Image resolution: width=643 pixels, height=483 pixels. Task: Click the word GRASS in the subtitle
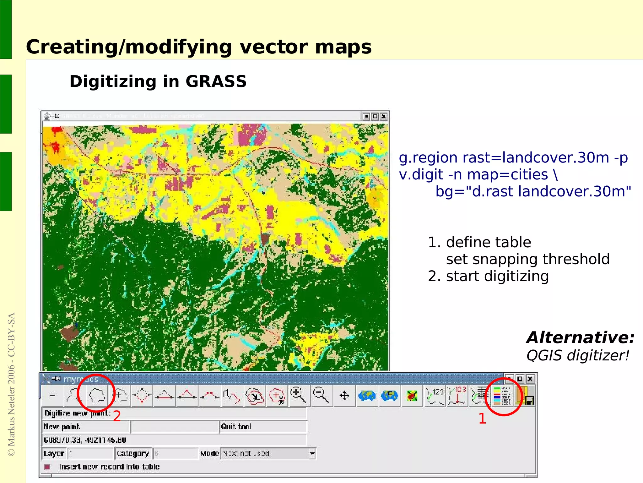(x=216, y=82)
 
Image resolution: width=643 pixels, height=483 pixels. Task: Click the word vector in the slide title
(x=273, y=47)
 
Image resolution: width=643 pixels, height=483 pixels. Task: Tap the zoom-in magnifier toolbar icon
(x=298, y=395)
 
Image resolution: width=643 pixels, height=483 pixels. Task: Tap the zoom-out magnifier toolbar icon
(x=321, y=395)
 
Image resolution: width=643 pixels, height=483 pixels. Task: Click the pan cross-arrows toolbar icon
(x=344, y=395)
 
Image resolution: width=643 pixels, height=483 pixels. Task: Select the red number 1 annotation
(x=482, y=419)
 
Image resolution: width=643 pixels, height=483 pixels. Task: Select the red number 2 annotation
(x=117, y=416)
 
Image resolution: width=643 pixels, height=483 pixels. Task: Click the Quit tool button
(x=236, y=426)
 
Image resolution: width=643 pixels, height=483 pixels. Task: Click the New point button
(x=62, y=426)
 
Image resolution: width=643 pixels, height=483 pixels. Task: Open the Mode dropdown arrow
(x=312, y=453)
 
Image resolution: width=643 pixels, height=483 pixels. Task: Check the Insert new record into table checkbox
(x=47, y=467)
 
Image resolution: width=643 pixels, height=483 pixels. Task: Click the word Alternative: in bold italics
(x=580, y=338)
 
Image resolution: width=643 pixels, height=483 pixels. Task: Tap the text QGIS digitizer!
(x=578, y=356)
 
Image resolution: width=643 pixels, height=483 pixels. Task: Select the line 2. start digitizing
(x=488, y=276)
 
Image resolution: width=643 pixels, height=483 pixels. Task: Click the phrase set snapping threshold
(x=527, y=259)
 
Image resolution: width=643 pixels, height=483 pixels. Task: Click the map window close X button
(x=383, y=117)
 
